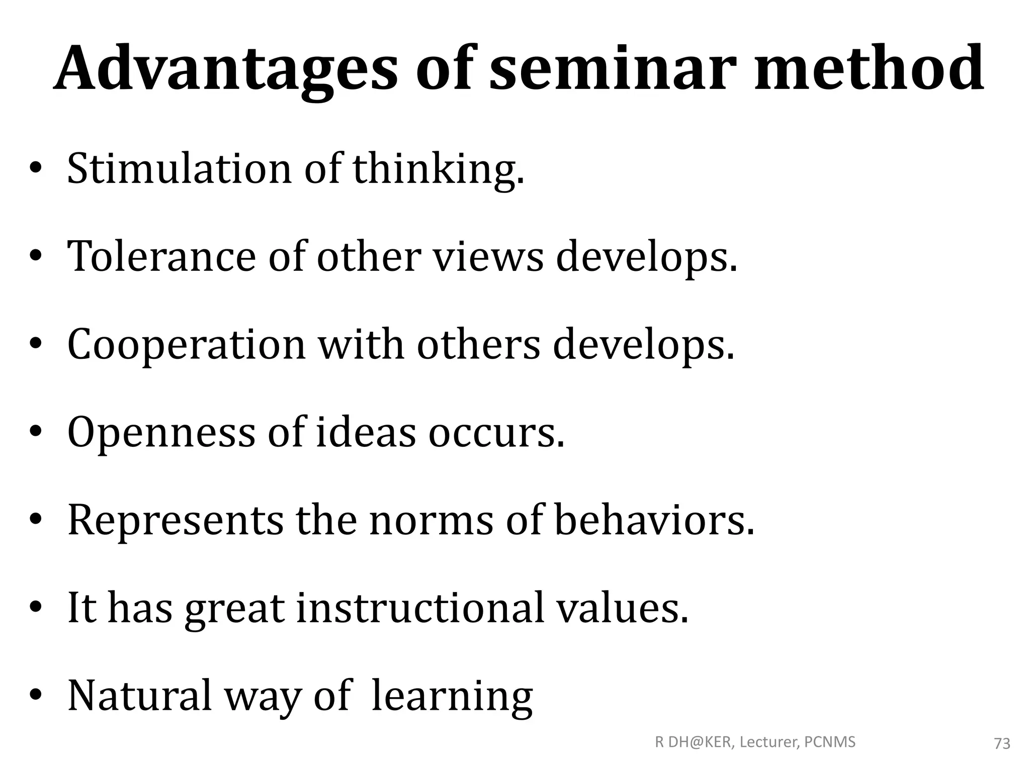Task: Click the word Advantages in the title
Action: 225,70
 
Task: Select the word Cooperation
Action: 187,346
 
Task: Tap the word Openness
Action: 161,433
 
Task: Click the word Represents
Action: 176,521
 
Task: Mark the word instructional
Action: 420,608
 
